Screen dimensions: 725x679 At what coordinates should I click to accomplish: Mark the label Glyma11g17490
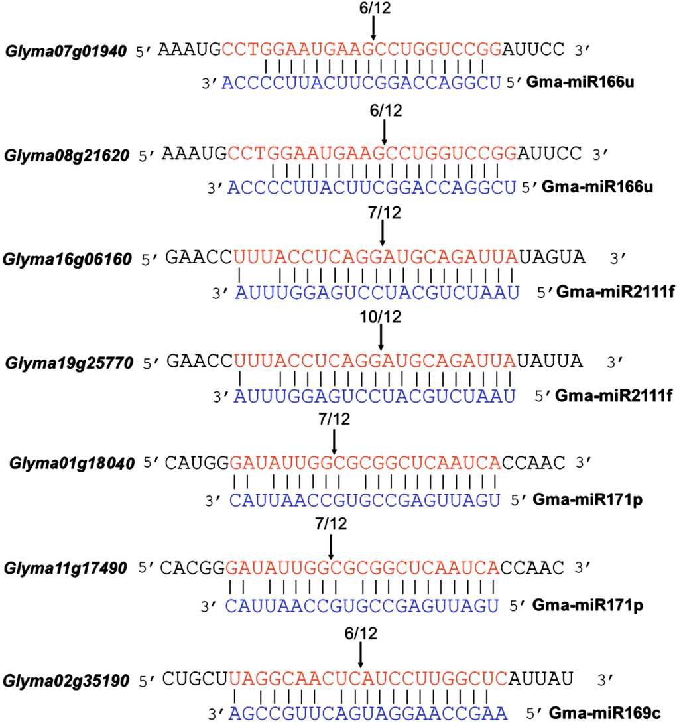[x=68, y=568]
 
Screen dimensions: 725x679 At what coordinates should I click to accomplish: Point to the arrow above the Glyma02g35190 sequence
[x=360, y=655]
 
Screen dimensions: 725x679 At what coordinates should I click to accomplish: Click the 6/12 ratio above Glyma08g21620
[x=385, y=111]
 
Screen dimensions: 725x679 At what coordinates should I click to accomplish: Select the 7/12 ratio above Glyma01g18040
[x=334, y=419]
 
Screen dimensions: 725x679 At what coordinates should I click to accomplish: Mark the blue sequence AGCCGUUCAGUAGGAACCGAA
[x=368, y=714]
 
